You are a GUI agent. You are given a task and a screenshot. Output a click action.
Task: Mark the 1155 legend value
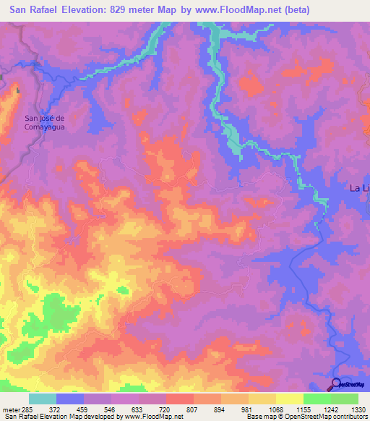(304, 409)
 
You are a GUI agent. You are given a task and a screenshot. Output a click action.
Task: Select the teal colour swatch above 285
(43, 399)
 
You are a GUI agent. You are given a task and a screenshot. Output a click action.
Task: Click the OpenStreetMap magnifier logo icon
(335, 383)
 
